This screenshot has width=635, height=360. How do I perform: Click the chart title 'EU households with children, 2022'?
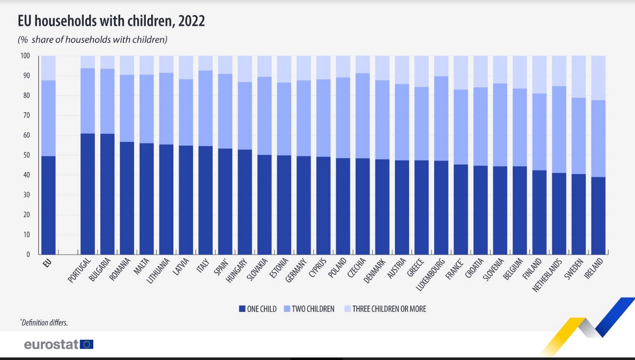[111, 21]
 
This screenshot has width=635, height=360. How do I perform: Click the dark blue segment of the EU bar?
[48, 205]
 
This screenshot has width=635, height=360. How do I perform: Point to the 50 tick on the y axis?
[27, 155]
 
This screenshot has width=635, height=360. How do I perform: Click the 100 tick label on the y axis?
[25, 56]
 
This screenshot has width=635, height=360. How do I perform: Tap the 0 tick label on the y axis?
[28, 254]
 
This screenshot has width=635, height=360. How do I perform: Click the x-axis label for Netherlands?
[547, 275]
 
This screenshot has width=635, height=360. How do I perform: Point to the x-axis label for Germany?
[296, 270]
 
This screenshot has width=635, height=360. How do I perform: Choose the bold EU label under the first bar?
[47, 263]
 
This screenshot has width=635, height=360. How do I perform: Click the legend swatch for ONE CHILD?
[242, 309]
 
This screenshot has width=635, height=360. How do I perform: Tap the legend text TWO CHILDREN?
[313, 309]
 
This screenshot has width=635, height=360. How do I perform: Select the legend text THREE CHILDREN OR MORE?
[389, 309]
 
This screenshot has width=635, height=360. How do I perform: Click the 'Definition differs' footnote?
[44, 323]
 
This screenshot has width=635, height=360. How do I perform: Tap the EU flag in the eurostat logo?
[87, 344]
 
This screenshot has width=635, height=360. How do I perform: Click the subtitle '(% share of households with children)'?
[92, 40]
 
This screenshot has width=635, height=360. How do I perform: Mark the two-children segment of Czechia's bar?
[362, 116]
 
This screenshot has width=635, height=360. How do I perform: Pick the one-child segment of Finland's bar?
[539, 212]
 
